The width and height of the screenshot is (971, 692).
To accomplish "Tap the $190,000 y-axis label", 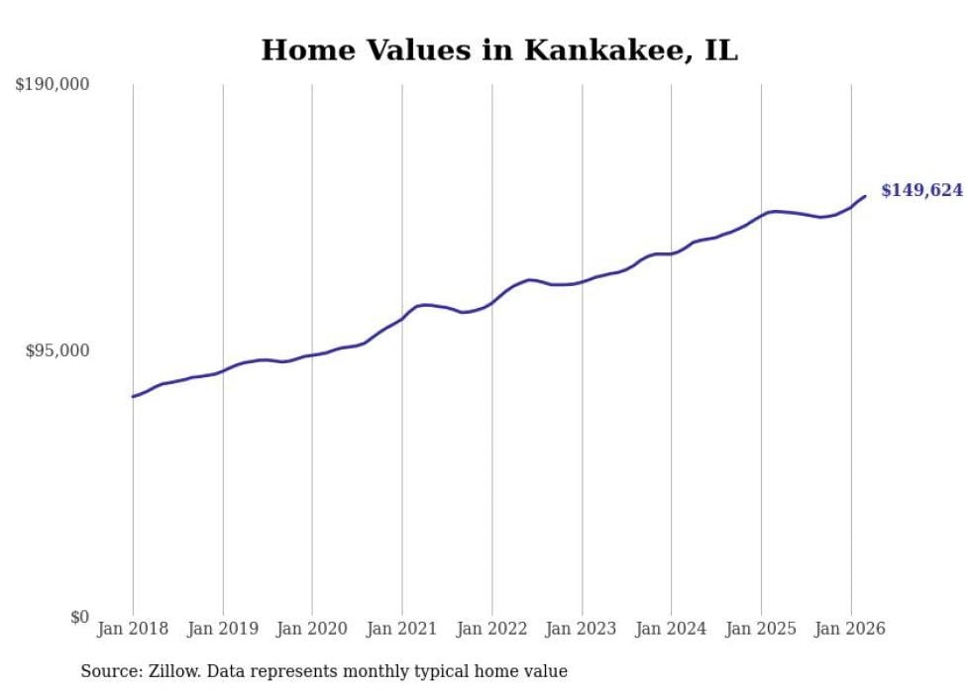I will [x=53, y=85].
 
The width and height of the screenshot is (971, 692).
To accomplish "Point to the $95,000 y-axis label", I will [x=56, y=351].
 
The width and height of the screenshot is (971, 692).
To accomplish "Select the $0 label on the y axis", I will [x=80, y=618].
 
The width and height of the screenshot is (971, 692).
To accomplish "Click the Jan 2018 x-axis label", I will [x=133, y=630].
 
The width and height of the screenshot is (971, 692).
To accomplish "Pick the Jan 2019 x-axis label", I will [x=223, y=630].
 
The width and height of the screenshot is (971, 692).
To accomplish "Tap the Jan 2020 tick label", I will [x=312, y=630].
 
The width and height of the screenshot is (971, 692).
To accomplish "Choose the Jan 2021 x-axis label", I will [x=402, y=630].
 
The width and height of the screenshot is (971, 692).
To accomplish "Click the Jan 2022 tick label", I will [x=492, y=630].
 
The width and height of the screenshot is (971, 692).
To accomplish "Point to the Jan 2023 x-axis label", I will [x=582, y=630].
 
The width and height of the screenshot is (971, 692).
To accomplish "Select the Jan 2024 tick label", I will [x=672, y=630].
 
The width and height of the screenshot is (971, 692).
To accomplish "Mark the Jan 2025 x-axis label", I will [x=761, y=630].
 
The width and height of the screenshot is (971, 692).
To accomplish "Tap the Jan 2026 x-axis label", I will [x=851, y=630].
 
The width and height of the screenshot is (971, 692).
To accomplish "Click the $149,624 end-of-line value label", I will [x=921, y=190].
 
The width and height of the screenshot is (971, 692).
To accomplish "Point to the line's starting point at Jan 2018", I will [x=133, y=397].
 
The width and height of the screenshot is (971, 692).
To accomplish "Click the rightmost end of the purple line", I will [x=865, y=196].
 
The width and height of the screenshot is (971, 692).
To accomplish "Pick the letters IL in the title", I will [x=721, y=50].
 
